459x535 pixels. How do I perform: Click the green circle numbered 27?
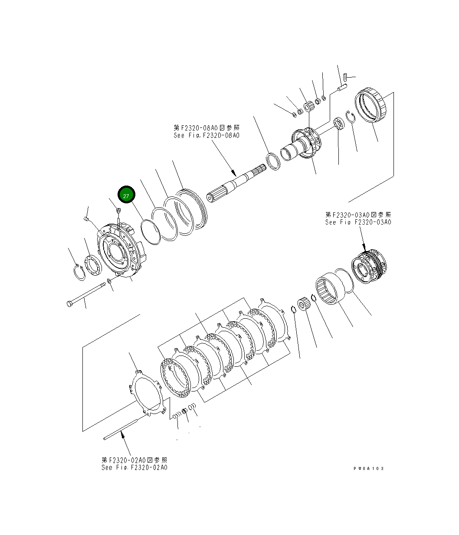126,196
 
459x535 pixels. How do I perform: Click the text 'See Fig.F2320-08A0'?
206,135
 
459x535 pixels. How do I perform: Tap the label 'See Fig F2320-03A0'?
358,222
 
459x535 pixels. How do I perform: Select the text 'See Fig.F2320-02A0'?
134,467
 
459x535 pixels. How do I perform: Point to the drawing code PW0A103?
369,468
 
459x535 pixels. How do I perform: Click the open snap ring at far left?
79,273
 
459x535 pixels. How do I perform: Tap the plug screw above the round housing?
118,211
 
